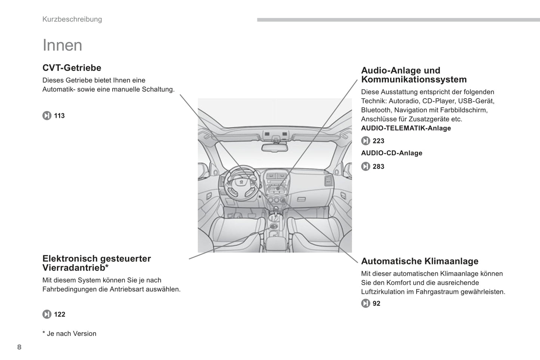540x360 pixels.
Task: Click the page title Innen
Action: click(x=62, y=45)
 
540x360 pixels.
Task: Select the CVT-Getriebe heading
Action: click(x=72, y=68)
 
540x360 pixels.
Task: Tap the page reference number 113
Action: click(x=59, y=116)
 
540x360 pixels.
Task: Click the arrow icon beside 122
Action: click(x=47, y=314)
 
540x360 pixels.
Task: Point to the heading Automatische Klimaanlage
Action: click(x=419, y=261)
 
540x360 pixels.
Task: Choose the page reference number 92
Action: click(x=376, y=304)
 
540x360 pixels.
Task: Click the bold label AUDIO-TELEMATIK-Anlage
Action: click(x=406, y=128)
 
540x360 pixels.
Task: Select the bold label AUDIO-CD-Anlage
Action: click(x=391, y=153)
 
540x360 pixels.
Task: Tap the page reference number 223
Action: click(x=378, y=141)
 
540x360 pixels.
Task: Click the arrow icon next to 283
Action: click(x=365, y=167)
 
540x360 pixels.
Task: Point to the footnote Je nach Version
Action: click(x=71, y=334)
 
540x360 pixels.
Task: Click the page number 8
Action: click(x=19, y=347)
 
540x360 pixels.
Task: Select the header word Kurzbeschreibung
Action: click(x=72, y=19)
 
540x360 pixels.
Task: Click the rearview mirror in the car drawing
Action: click(x=275, y=147)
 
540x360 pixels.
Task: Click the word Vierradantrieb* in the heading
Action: click(x=75, y=268)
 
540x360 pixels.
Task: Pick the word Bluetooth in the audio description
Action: click(x=376, y=110)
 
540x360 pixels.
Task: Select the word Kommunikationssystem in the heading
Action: click(x=414, y=80)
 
